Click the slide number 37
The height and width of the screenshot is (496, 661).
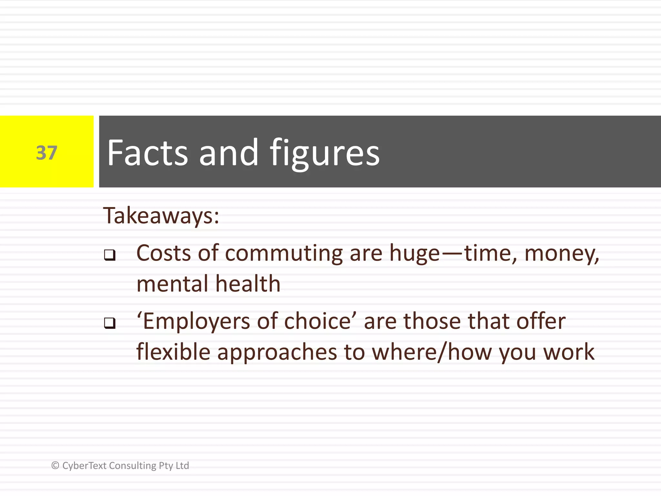click(x=46, y=153)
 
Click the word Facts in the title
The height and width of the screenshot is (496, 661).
click(x=147, y=152)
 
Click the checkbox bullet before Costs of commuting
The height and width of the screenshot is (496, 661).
click(x=110, y=255)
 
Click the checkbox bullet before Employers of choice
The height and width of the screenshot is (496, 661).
click(x=110, y=323)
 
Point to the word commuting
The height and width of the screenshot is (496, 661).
click(x=284, y=253)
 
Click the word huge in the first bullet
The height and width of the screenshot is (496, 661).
click(x=414, y=254)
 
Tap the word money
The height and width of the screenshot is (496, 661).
click(x=561, y=254)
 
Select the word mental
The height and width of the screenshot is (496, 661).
click(x=172, y=284)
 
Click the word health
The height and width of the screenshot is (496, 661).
click(x=248, y=284)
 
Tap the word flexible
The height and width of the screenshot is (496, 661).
click(x=173, y=352)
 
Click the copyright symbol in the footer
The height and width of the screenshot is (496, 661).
click(x=55, y=465)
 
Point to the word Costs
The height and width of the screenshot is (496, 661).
click(x=164, y=253)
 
